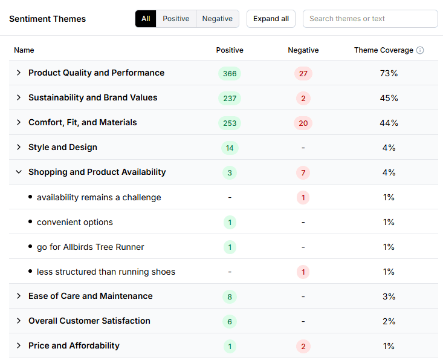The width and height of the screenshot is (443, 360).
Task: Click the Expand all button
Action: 271,19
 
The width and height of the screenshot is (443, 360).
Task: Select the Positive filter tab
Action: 176,19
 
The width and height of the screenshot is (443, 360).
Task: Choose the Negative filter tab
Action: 217,19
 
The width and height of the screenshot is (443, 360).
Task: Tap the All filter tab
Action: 146,19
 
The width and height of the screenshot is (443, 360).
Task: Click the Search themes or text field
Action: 370,19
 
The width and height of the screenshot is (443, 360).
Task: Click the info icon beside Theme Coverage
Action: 420,50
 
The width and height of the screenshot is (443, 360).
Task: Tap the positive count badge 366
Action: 230,73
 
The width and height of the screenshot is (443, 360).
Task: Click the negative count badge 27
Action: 303,73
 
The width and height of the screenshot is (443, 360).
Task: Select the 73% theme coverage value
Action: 389,73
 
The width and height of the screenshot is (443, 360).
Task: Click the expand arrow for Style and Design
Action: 19,147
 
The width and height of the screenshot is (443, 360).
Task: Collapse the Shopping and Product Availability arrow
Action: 19,172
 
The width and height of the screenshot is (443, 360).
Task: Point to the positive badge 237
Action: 230,98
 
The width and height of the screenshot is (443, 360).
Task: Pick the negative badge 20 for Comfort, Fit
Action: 303,123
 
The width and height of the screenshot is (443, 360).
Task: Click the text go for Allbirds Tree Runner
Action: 90,247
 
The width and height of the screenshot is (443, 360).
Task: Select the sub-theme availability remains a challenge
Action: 99,197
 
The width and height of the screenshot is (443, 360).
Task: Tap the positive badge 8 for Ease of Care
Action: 230,296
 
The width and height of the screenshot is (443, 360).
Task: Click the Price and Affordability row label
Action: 74,345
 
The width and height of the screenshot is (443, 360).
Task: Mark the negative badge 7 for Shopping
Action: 303,172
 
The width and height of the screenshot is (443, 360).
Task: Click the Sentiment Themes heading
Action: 47,19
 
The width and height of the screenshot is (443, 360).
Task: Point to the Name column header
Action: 24,50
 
